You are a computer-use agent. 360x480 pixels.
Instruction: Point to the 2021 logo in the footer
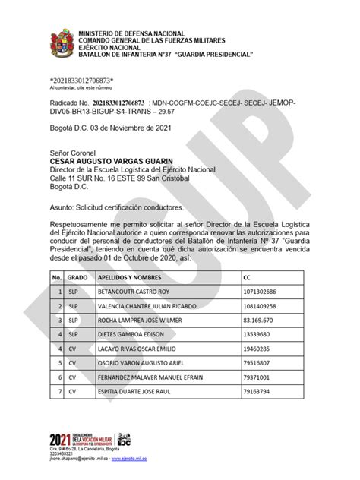(x=58, y=440)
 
